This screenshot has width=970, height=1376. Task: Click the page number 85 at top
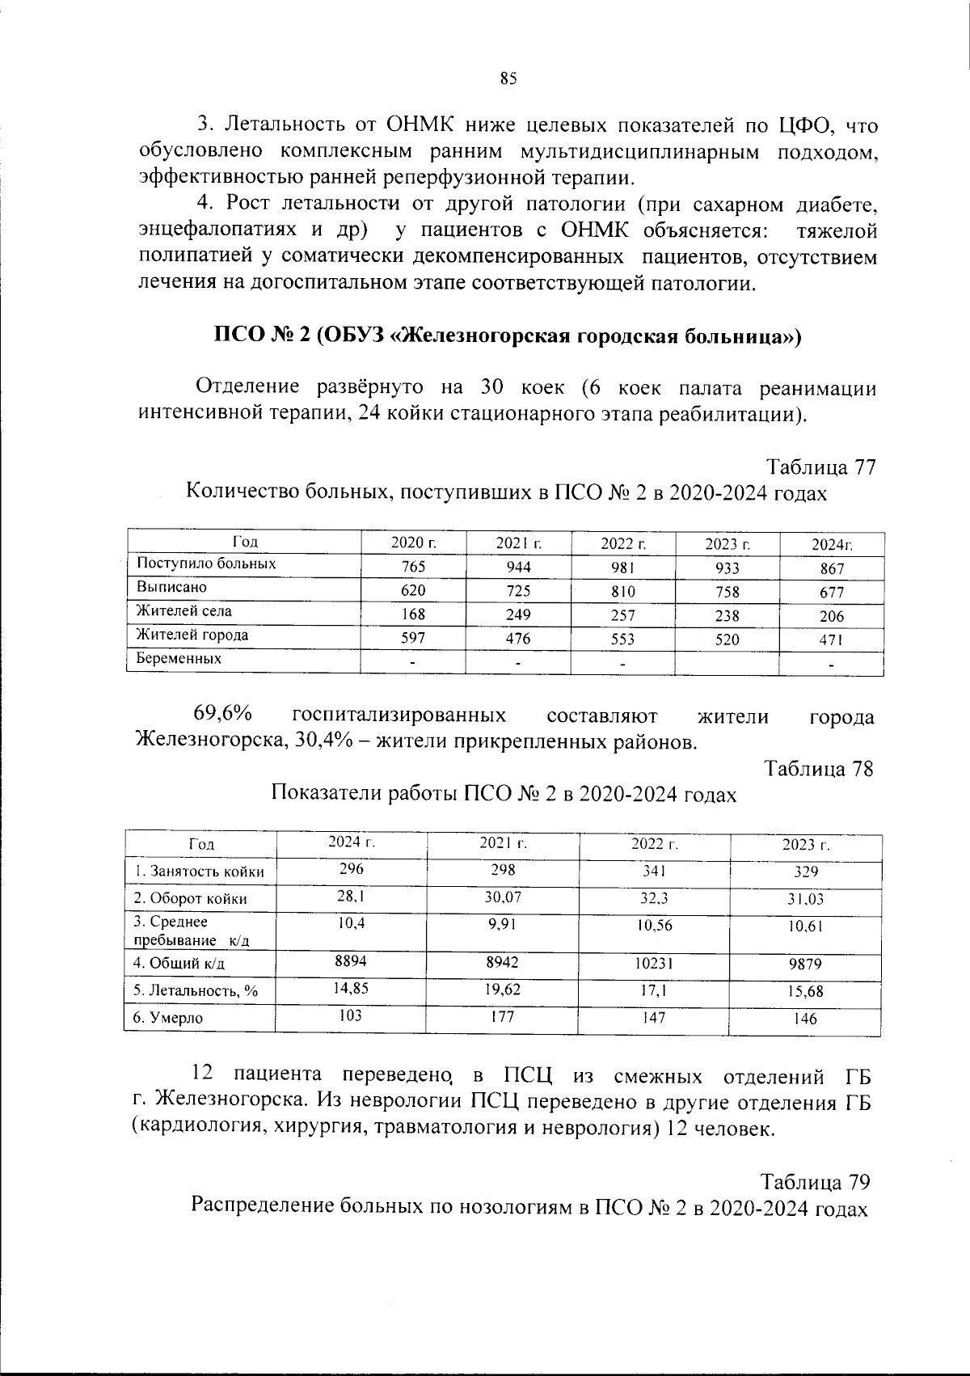[508, 78]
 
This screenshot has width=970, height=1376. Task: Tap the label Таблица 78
[819, 768]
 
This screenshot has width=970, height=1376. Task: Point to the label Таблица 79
[816, 1182]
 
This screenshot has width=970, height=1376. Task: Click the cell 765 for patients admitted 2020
[413, 568]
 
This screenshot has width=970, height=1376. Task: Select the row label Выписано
[171, 588]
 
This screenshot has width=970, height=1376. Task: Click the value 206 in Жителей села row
[831, 616]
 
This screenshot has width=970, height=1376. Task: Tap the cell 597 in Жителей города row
[413, 639]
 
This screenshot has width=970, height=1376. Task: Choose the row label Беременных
[179, 659]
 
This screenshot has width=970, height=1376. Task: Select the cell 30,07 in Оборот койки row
[503, 897]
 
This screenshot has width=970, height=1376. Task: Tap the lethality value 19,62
[503, 990]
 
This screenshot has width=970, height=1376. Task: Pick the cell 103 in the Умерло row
[351, 1016]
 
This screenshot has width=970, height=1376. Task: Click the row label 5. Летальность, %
[196, 991]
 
